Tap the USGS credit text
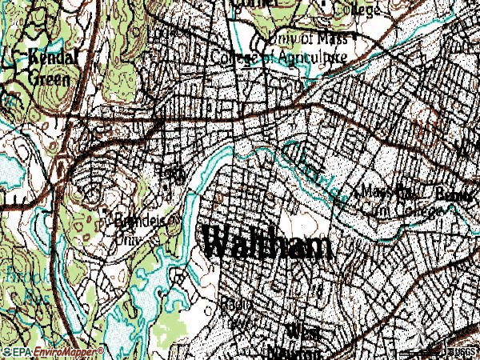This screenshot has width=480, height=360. click(x=462, y=351)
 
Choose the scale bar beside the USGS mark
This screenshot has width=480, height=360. click(x=436, y=349)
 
